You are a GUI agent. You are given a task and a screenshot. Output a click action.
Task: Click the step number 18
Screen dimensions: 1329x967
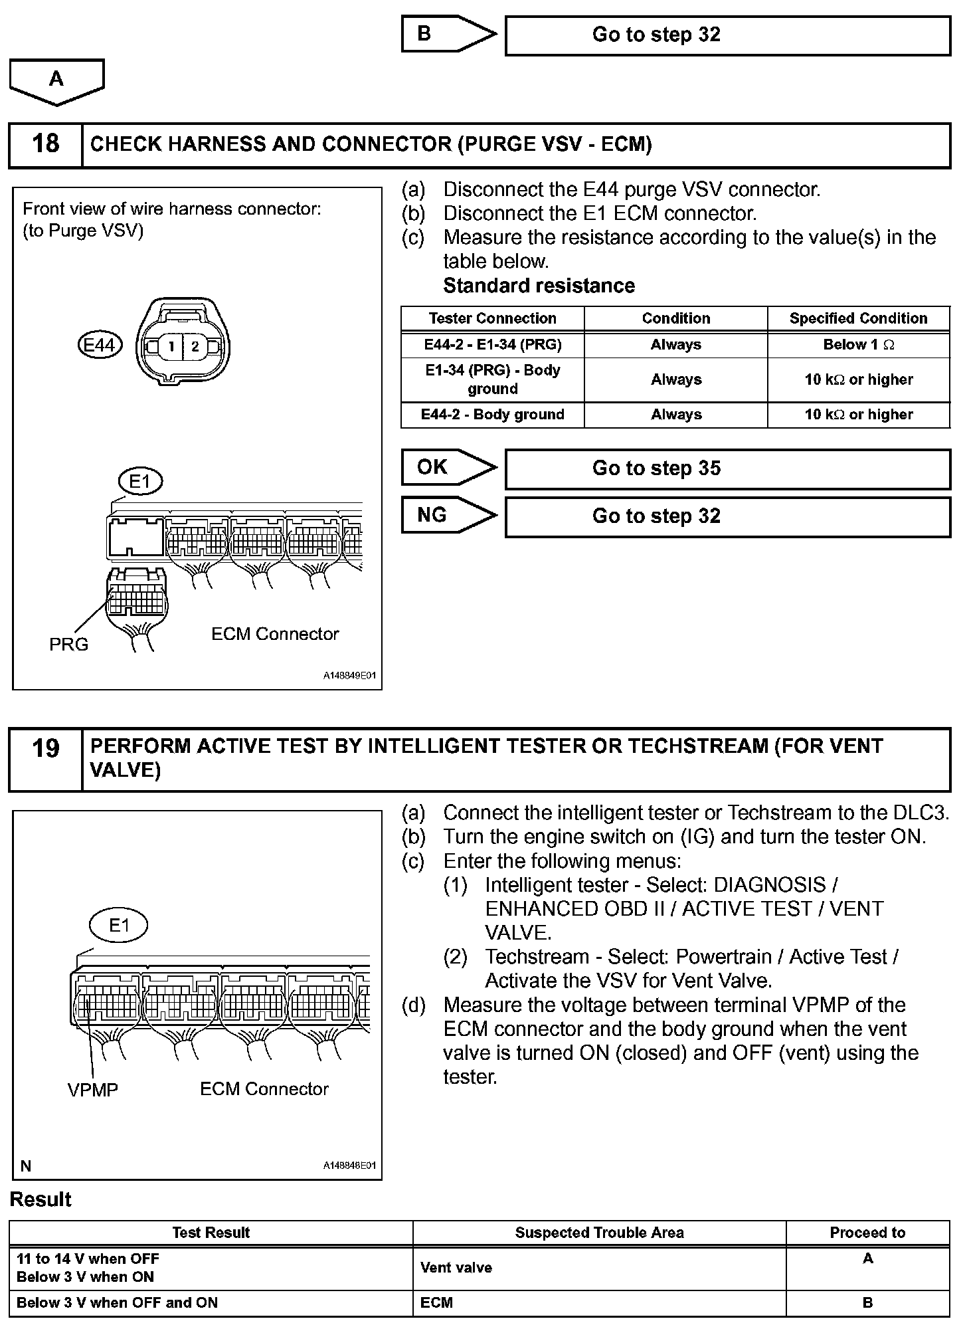[45, 144]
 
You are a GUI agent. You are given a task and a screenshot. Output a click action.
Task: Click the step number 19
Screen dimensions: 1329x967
[45, 749]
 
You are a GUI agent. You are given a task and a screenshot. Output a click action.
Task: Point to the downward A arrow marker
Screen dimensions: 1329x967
[56, 80]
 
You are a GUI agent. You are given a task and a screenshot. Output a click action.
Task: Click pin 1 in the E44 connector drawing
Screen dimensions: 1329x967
[171, 346]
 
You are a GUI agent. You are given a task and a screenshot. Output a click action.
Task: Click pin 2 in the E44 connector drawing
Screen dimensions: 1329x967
[195, 346]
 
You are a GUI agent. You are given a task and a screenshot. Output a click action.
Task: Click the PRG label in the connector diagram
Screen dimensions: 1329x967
[68, 645]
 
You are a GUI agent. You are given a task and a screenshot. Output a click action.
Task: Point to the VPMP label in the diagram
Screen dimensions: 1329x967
[92, 1090]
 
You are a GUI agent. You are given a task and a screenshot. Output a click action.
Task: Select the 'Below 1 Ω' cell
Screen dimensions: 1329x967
[858, 345]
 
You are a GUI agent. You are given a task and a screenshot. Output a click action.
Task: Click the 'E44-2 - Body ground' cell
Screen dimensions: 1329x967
[492, 415]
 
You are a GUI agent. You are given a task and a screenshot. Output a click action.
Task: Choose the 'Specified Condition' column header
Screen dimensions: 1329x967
[858, 318]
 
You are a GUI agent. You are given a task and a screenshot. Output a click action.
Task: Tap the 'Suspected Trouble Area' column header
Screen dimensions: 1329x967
[599, 1233]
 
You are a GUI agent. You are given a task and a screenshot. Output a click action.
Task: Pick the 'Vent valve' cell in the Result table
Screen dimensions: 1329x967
[456, 1267]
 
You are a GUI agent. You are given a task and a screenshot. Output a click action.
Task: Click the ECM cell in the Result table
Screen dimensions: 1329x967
[436, 1302]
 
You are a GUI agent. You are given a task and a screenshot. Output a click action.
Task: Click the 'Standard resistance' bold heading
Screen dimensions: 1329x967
[539, 286]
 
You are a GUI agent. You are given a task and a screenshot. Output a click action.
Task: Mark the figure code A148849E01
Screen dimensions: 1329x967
[350, 676]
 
